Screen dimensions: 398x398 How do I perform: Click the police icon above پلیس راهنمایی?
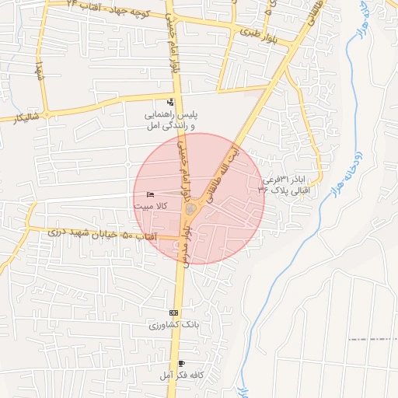tap(171, 102)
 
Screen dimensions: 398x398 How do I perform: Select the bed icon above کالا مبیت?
tap(150, 194)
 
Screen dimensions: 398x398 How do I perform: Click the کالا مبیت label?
tap(149, 206)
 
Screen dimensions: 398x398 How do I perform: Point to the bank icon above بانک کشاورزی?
tap(173, 312)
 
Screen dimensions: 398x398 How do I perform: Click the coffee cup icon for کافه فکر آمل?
tap(181, 364)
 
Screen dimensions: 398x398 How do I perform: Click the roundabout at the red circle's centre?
tap(190, 209)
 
